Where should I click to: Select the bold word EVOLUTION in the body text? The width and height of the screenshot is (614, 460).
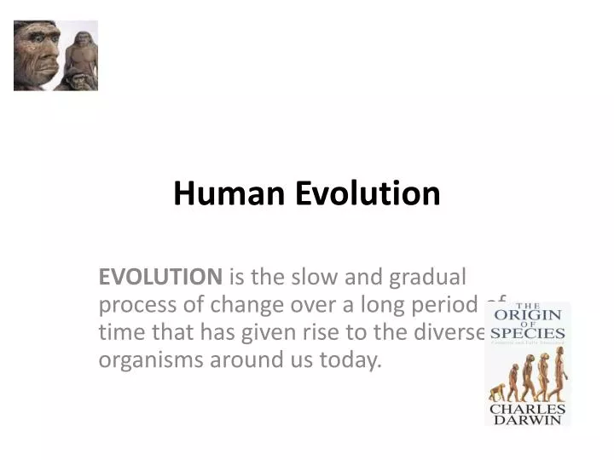[x=160, y=277]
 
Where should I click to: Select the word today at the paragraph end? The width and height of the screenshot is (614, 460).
[x=350, y=359]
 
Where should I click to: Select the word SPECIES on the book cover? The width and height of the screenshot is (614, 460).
[x=527, y=333]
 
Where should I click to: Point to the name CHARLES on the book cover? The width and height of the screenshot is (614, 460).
[x=527, y=409]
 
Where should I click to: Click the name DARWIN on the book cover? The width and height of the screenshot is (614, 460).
[x=527, y=419]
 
